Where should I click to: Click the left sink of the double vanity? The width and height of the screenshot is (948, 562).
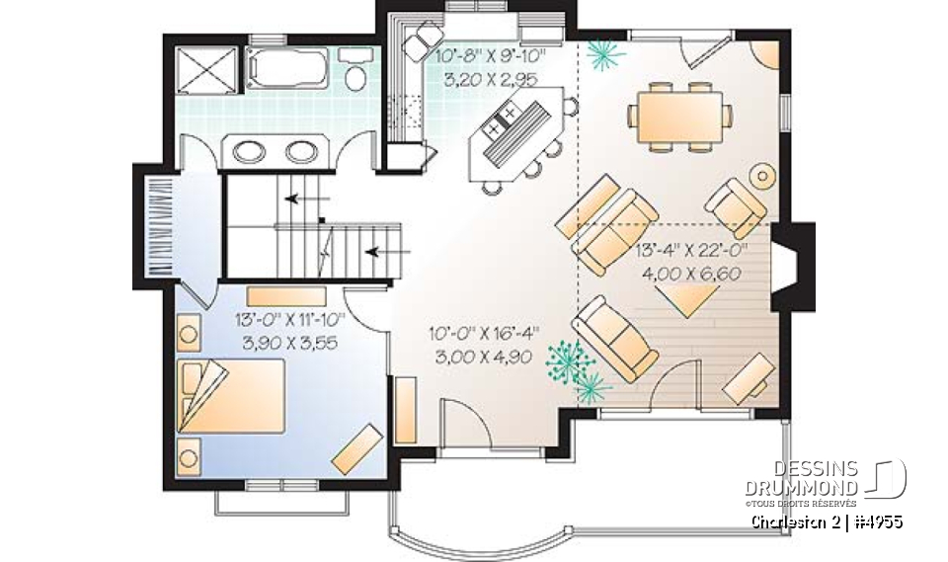coord(246,151)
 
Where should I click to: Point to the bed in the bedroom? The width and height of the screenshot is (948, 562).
coord(233,397)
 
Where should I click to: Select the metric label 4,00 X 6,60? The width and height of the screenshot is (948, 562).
coord(691,274)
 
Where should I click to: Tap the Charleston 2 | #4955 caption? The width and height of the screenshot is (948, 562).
coord(827,521)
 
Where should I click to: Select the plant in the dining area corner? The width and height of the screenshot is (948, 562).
coord(600,56)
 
